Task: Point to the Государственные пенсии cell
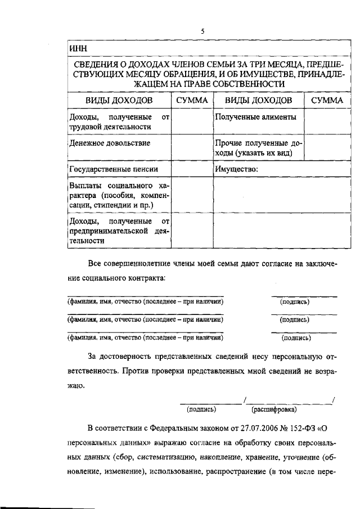pos(112,169)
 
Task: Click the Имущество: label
pos(236,169)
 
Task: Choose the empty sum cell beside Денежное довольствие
pos(192,148)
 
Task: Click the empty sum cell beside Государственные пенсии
pos(192,169)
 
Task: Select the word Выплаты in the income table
pos(84,186)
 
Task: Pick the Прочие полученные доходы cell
pos(258,148)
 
